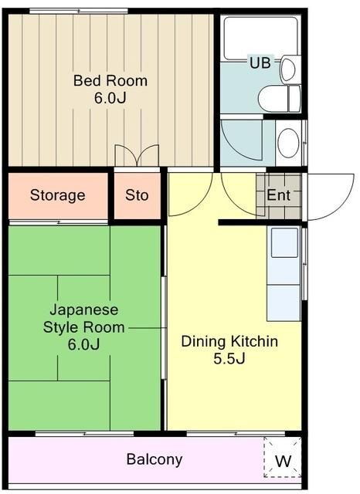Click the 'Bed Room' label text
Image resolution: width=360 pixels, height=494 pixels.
click(110, 80)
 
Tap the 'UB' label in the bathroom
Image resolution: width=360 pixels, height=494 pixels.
click(260, 63)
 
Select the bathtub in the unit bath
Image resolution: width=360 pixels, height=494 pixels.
click(260, 38)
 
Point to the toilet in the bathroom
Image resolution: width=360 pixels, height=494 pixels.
click(280, 98)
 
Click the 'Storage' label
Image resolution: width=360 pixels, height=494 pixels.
click(58, 195)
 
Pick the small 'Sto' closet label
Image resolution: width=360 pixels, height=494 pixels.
click(137, 195)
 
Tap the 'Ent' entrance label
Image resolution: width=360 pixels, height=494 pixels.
click(279, 195)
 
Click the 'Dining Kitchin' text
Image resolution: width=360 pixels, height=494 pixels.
click(229, 341)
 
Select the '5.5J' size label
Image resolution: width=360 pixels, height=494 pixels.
click(229, 359)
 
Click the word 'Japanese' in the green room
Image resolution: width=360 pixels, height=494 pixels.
click(84, 310)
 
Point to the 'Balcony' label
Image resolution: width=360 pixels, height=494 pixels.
click(155, 460)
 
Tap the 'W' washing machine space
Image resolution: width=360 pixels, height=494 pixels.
click(283, 461)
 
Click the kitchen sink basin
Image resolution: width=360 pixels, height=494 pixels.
click(284, 242)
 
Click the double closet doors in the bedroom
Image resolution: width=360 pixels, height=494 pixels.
click(137, 156)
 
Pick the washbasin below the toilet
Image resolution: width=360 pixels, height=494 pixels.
click(288, 143)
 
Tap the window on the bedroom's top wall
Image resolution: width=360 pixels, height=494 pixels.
click(79, 11)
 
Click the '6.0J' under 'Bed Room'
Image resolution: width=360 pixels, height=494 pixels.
click(110, 98)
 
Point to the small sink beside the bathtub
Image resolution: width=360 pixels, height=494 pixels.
click(288, 69)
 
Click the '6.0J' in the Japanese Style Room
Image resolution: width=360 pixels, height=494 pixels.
click(84, 344)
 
